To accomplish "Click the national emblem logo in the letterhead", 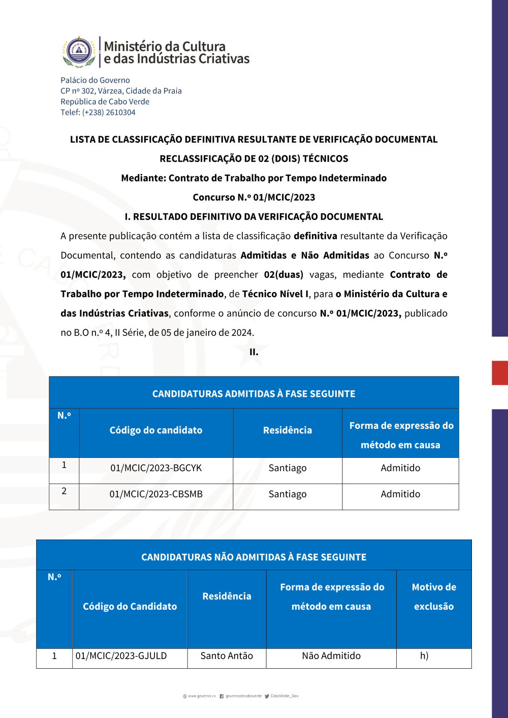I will pyautogui.click(x=79, y=52).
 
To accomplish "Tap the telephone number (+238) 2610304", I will pyautogui.click(x=109, y=112).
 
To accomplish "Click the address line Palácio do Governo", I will pyautogui.click(x=95, y=80).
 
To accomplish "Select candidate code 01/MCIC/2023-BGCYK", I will pyautogui.click(x=156, y=468).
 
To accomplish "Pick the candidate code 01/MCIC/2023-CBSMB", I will pyautogui.click(x=156, y=494).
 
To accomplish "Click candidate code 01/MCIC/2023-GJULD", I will pyautogui.click(x=121, y=656).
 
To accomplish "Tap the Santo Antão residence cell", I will pyautogui.click(x=227, y=656).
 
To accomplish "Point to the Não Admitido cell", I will pyautogui.click(x=331, y=656).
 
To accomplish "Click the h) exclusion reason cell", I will pyautogui.click(x=424, y=656).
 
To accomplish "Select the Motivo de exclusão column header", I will pyautogui.click(x=434, y=597).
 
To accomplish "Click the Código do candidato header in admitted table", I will pyautogui.click(x=156, y=430).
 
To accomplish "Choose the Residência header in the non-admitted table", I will pyautogui.click(x=227, y=597).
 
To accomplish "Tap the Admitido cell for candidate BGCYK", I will pyautogui.click(x=400, y=468).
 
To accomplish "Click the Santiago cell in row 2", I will pyautogui.click(x=288, y=494).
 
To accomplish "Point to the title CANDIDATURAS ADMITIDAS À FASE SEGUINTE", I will pyautogui.click(x=254, y=394).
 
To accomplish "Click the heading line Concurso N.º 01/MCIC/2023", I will pyautogui.click(x=254, y=197).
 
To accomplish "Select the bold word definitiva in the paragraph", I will pyautogui.click(x=315, y=236).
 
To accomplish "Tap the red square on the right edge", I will pyautogui.click(x=500, y=372).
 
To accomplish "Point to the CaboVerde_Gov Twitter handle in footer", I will pyautogui.click(x=284, y=696).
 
